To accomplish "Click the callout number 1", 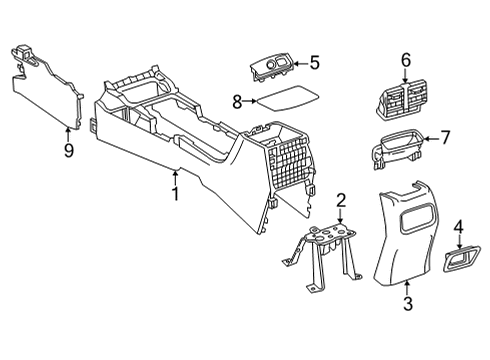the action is click(x=175, y=193).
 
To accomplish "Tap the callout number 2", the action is click(x=341, y=201).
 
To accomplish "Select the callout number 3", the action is click(x=408, y=303).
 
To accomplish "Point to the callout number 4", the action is click(x=459, y=228).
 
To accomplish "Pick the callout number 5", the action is click(x=314, y=63).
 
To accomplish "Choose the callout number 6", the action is click(x=406, y=60).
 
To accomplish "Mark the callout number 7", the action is click(x=445, y=137).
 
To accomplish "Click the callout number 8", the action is click(x=237, y=102).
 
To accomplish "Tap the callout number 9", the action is click(x=68, y=151).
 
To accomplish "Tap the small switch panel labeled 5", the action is click(x=271, y=68).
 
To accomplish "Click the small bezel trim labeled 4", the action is click(x=462, y=259).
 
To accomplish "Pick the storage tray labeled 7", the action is click(x=397, y=148).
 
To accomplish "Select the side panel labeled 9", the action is click(x=47, y=87).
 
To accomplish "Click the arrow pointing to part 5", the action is click(x=300, y=64).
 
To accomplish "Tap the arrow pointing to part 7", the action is click(x=431, y=138).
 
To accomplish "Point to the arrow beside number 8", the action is click(x=250, y=101).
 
